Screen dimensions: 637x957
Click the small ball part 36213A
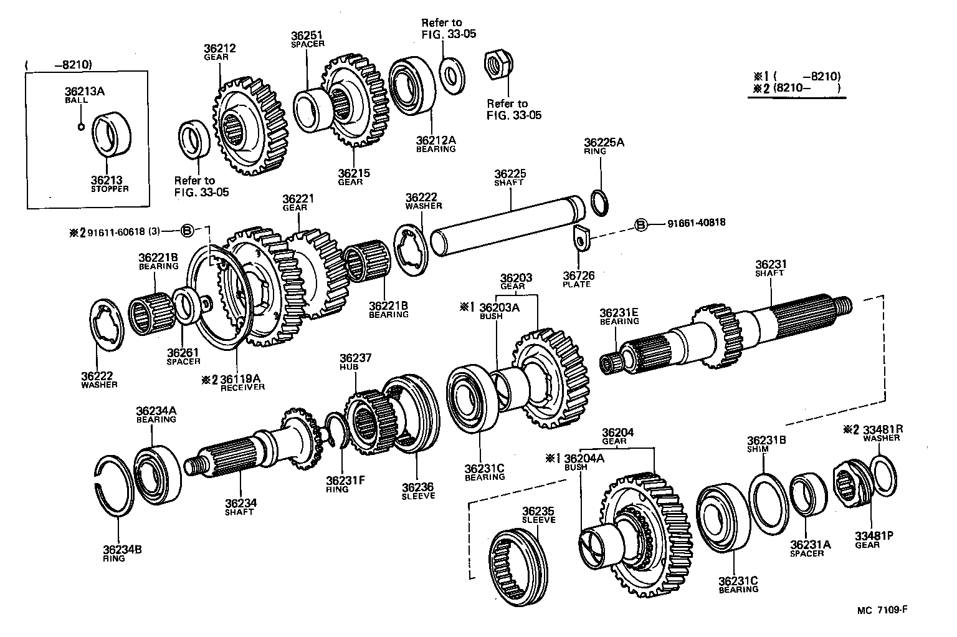[x=81, y=127]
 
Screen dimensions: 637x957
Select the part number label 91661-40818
[x=696, y=223]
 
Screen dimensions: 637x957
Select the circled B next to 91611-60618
[x=188, y=231]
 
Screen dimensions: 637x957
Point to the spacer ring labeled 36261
[x=185, y=305]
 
